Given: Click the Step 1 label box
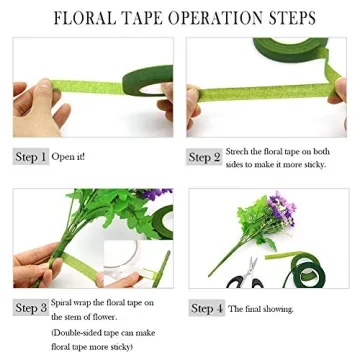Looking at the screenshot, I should tap(30, 157).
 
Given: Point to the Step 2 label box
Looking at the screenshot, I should tap(204, 157).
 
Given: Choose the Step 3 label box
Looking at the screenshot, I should tap(30, 308).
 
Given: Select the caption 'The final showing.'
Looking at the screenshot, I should tap(262, 309).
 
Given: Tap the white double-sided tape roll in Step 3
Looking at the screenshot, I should tap(125, 262).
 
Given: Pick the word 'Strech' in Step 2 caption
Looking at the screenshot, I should tap(237, 151).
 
